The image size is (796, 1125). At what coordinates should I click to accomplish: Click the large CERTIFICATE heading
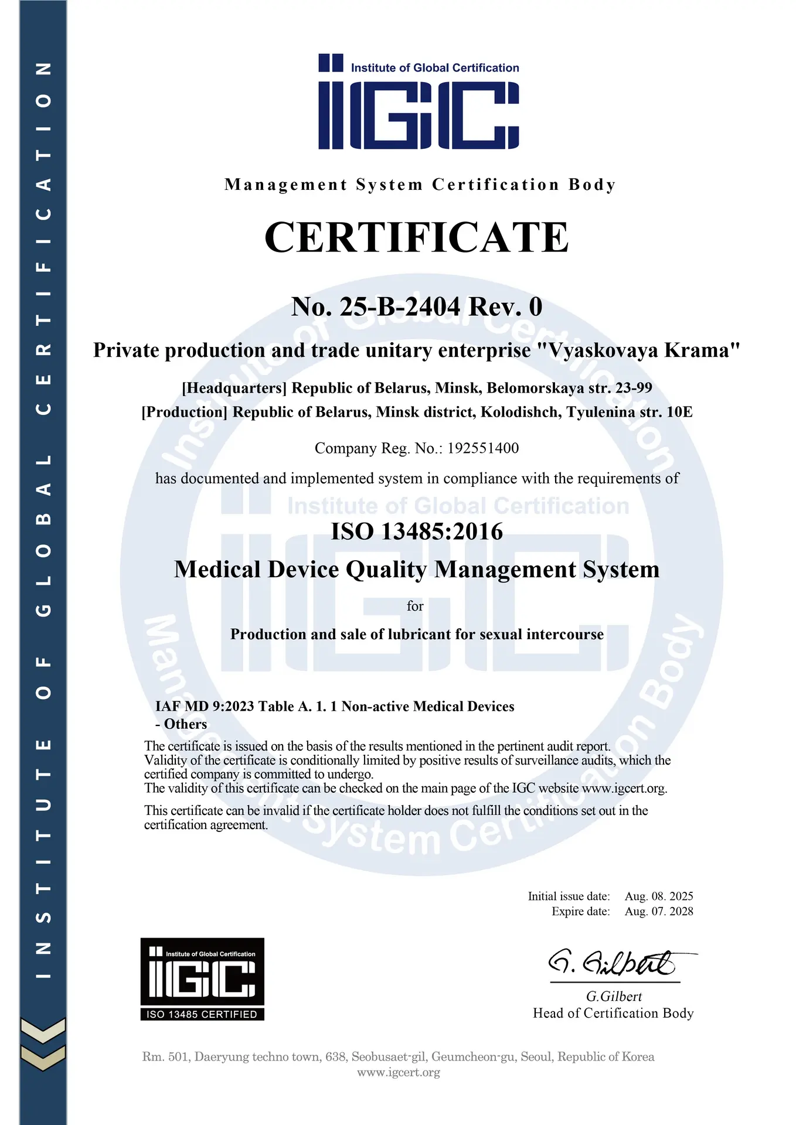(416, 237)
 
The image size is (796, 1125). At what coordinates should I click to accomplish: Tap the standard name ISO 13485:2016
(417, 531)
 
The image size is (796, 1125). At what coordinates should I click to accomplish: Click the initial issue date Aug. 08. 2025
(659, 896)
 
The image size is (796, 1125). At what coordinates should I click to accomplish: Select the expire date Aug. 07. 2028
(659, 911)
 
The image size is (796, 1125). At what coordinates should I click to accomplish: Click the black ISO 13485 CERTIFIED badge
(202, 979)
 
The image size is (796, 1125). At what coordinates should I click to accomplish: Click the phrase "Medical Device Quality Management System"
(417, 570)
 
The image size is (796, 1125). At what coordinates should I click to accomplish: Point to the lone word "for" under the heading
(415, 606)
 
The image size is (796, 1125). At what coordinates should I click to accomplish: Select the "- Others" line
(181, 724)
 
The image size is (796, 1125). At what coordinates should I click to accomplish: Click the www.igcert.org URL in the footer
(399, 1072)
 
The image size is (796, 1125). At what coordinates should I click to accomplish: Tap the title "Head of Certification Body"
(613, 1013)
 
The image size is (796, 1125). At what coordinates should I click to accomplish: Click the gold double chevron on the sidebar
(43, 1044)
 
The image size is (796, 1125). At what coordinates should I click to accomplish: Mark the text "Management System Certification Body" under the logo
(420, 185)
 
